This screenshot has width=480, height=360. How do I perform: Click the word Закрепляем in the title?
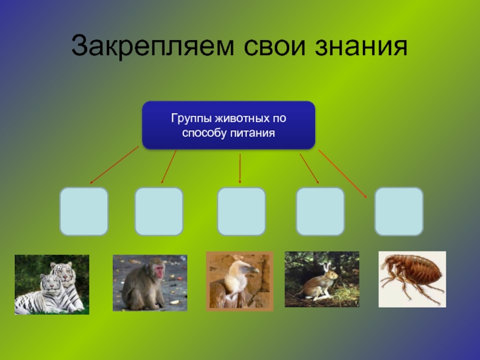(x=153, y=47)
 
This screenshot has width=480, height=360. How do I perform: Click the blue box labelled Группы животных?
(x=229, y=125)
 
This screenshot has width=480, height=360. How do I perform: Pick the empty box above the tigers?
(x=84, y=211)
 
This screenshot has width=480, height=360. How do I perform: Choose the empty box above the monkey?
(x=159, y=211)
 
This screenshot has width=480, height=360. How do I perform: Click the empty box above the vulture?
(x=241, y=211)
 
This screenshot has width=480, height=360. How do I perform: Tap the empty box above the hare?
(x=320, y=211)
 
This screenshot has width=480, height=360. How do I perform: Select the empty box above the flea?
(x=399, y=211)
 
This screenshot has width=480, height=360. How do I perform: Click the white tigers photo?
(x=52, y=284)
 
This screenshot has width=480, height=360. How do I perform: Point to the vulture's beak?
(x=254, y=270)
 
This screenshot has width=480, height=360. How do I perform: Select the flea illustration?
(x=412, y=279)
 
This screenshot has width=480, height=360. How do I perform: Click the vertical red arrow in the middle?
(x=240, y=169)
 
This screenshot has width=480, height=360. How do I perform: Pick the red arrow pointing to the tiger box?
(x=114, y=165)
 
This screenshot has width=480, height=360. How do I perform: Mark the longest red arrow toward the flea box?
(x=343, y=174)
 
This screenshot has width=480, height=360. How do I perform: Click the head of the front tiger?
(x=50, y=283)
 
